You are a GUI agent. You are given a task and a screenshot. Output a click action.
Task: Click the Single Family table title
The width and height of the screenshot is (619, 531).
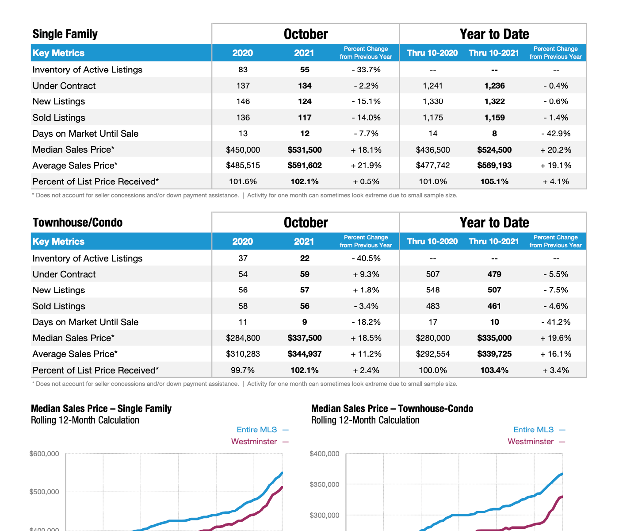click(65, 34)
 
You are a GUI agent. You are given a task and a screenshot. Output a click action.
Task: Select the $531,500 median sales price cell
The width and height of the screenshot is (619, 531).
click(305, 150)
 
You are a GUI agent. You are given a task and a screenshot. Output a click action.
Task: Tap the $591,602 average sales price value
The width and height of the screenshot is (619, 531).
click(305, 165)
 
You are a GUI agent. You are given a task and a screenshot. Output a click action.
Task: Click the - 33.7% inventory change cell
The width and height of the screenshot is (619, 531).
click(366, 70)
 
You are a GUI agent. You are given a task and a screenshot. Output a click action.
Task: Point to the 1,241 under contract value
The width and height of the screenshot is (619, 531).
click(432, 86)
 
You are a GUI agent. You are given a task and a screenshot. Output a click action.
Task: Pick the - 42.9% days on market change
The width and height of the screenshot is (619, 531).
click(556, 134)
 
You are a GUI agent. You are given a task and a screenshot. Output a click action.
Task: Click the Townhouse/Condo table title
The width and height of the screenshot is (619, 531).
click(77, 223)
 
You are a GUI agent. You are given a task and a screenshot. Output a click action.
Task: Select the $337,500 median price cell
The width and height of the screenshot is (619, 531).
click(305, 338)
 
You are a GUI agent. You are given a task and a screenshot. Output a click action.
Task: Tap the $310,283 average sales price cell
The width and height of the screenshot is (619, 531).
click(243, 354)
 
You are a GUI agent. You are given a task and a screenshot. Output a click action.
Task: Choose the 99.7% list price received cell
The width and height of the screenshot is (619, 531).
click(243, 370)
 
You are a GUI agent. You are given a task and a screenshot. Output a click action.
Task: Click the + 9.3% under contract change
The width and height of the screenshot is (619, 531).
click(366, 274)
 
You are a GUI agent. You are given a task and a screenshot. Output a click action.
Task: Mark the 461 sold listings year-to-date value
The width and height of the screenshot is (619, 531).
click(494, 306)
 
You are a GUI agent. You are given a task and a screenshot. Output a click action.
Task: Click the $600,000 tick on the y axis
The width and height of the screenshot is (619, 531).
click(44, 454)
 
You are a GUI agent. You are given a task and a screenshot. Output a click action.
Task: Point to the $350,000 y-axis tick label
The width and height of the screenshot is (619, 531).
click(325, 485)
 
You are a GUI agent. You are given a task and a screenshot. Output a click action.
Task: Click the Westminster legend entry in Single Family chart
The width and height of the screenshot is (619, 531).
click(254, 442)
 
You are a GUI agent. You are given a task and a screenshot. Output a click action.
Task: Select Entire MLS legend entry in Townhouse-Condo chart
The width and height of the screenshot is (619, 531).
click(534, 430)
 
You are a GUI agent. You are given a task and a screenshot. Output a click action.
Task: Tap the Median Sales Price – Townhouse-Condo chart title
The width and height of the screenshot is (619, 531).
click(392, 408)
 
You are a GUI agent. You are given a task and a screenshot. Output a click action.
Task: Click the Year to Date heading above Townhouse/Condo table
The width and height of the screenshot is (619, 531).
click(494, 223)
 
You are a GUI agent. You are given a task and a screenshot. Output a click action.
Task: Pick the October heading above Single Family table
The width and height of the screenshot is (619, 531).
click(306, 34)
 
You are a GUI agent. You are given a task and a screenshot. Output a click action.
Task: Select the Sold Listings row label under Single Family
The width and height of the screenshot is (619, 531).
click(59, 118)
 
